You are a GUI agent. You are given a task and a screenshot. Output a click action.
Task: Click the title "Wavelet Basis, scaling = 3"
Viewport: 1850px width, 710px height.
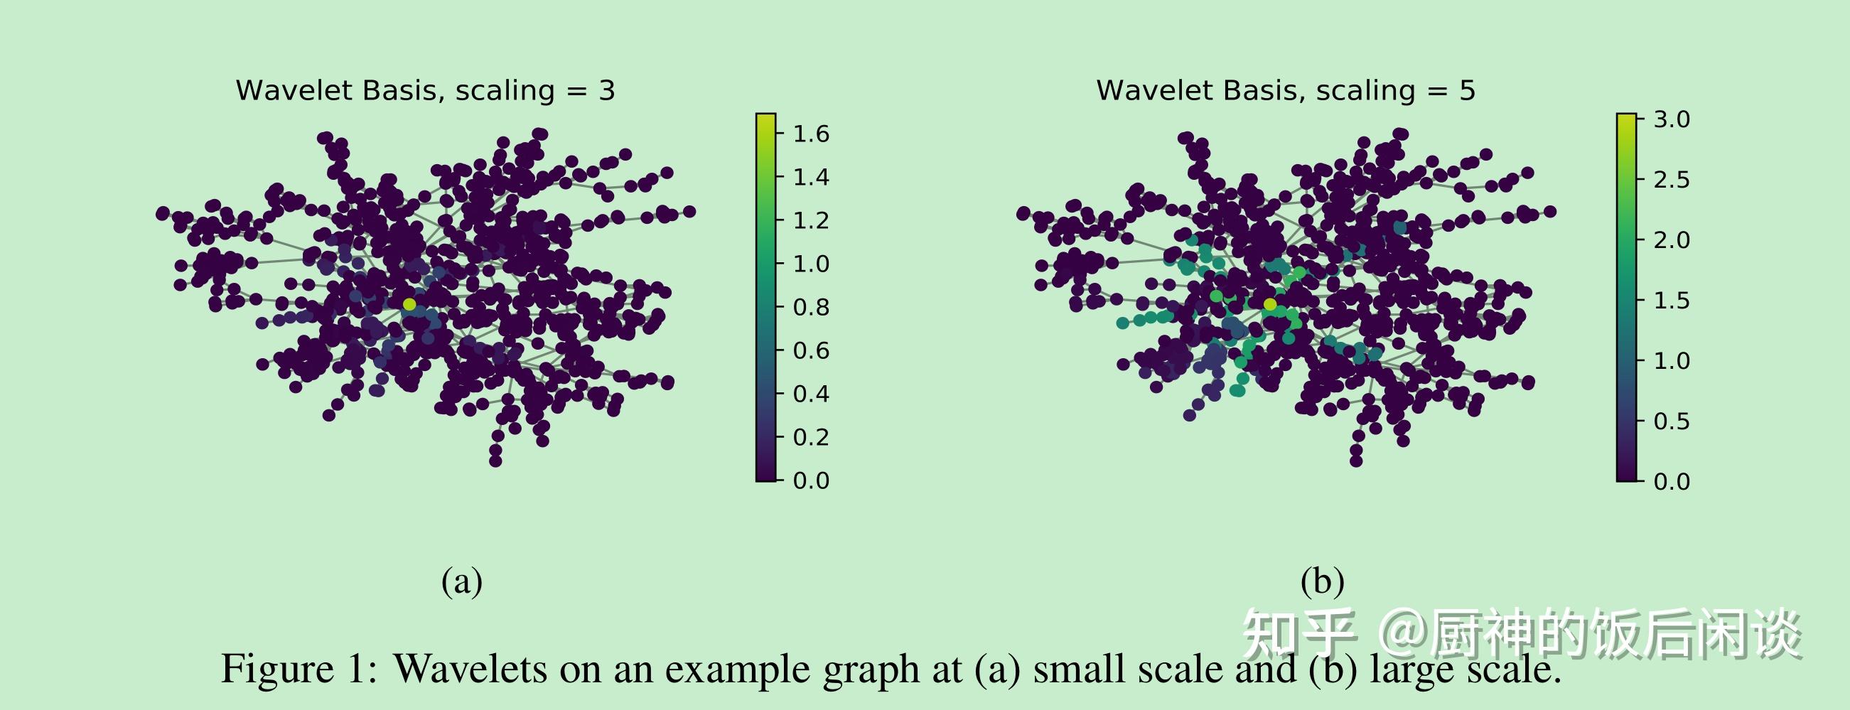coord(425,91)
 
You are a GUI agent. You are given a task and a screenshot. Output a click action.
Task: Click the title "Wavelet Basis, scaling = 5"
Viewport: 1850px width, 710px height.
coord(1286,91)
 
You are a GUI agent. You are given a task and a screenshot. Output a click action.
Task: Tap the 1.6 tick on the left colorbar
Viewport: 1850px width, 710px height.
coord(811,134)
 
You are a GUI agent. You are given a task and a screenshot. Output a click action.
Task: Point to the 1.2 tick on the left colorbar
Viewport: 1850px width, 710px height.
coord(811,220)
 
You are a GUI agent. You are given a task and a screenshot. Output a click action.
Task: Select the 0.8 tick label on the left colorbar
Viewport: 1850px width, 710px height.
coord(811,307)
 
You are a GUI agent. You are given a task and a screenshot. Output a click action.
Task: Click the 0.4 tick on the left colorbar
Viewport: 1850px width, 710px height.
coord(811,394)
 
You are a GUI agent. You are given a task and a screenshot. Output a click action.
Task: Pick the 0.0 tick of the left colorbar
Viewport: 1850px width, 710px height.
coord(811,480)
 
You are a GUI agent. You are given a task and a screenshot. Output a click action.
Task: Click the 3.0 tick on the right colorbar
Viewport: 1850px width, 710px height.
coord(1671,120)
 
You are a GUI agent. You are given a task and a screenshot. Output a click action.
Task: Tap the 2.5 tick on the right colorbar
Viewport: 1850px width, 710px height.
coord(1671,181)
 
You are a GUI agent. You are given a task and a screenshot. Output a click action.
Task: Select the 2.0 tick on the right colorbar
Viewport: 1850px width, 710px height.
coord(1671,240)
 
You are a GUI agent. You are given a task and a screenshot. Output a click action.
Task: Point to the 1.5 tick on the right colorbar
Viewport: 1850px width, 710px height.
coord(1671,301)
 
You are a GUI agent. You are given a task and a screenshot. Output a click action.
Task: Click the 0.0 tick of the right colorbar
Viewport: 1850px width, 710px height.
coord(1671,481)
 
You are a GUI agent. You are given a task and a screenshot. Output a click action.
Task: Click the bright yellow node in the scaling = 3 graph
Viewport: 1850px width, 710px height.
coord(409,304)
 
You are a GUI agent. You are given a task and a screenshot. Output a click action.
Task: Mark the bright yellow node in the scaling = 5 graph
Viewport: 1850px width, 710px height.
coord(1270,304)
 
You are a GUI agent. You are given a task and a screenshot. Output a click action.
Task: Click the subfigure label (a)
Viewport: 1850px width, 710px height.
coord(462,581)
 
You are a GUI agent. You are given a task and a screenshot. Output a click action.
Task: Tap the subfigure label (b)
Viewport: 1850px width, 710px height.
coord(1322,581)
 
